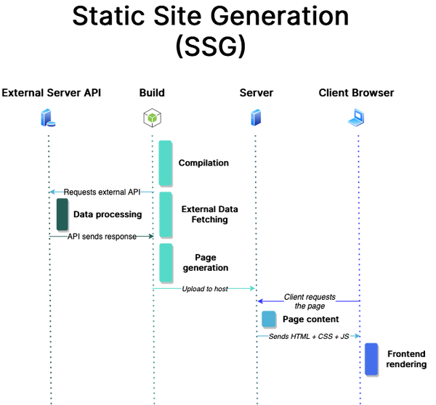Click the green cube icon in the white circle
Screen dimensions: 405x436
(152, 118)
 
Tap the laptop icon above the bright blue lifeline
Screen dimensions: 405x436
(356, 116)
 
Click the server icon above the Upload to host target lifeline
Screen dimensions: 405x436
(255, 117)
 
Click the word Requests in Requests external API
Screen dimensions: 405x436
(79, 192)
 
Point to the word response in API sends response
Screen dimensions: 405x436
(119, 237)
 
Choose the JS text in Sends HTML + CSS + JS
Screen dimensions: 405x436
(344, 337)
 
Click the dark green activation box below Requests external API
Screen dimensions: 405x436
(61, 215)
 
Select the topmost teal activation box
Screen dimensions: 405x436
(165, 162)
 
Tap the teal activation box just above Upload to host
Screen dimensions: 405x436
(165, 261)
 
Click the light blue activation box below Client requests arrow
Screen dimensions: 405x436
(268, 318)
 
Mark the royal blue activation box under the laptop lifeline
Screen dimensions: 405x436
(371, 358)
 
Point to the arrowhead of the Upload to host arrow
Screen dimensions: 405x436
(252, 288)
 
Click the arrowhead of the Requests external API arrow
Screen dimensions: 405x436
(53, 192)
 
